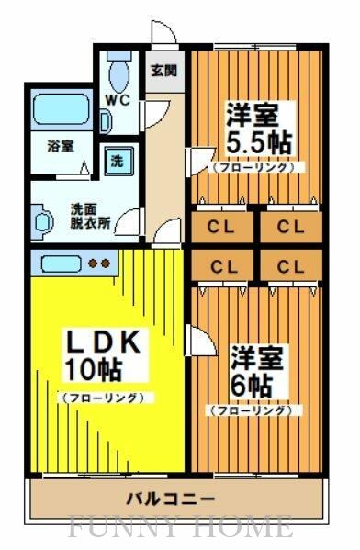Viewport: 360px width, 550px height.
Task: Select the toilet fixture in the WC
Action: click(x=118, y=70)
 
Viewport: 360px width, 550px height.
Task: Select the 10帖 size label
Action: click(x=91, y=369)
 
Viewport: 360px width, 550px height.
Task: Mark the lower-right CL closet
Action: click(x=290, y=267)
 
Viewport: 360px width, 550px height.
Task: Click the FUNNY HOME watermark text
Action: click(x=180, y=529)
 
